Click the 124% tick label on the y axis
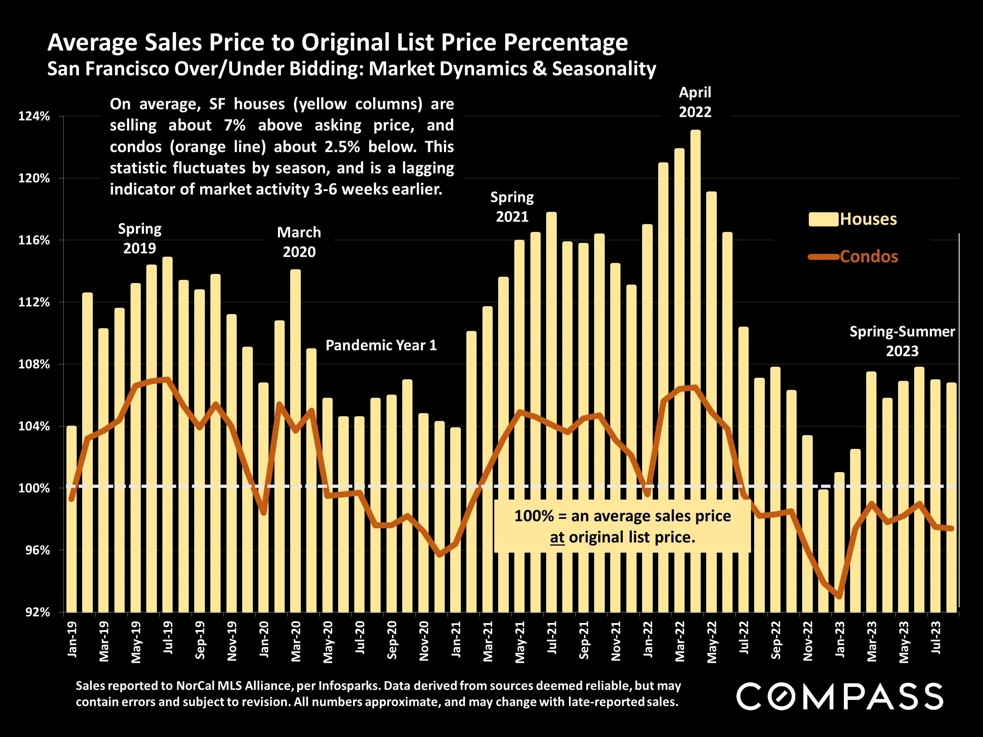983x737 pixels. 34,117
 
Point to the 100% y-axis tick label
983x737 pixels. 34,488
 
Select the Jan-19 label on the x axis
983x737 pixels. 72,639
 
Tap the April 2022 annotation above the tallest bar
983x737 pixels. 695,102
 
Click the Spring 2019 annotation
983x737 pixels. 140,239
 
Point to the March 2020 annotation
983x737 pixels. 299,242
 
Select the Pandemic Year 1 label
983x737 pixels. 381,345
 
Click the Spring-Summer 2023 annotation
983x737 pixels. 902,341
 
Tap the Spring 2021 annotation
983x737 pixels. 512,207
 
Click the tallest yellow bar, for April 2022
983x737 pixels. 696,355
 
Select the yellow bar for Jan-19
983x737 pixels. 72,520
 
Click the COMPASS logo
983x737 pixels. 839,697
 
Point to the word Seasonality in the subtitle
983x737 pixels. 604,69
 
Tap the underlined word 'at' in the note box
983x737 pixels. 557,538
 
